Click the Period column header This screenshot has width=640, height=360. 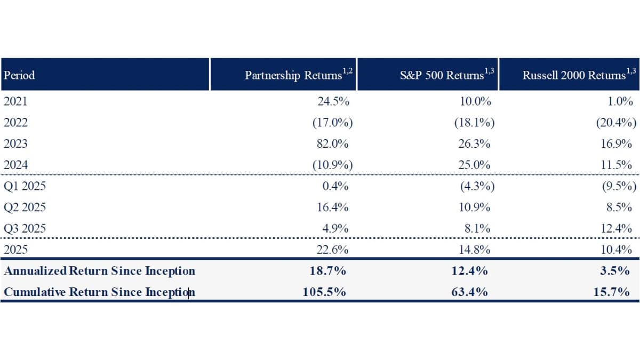coord(19,75)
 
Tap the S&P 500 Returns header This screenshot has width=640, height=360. coord(442,75)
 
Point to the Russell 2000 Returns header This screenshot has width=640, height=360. coord(574,75)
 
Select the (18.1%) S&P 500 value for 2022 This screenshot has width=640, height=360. coord(474,123)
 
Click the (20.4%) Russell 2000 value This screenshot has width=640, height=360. coord(617,123)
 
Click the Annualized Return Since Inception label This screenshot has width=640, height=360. coord(100,271)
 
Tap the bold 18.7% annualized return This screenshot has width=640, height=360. coord(328,271)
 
